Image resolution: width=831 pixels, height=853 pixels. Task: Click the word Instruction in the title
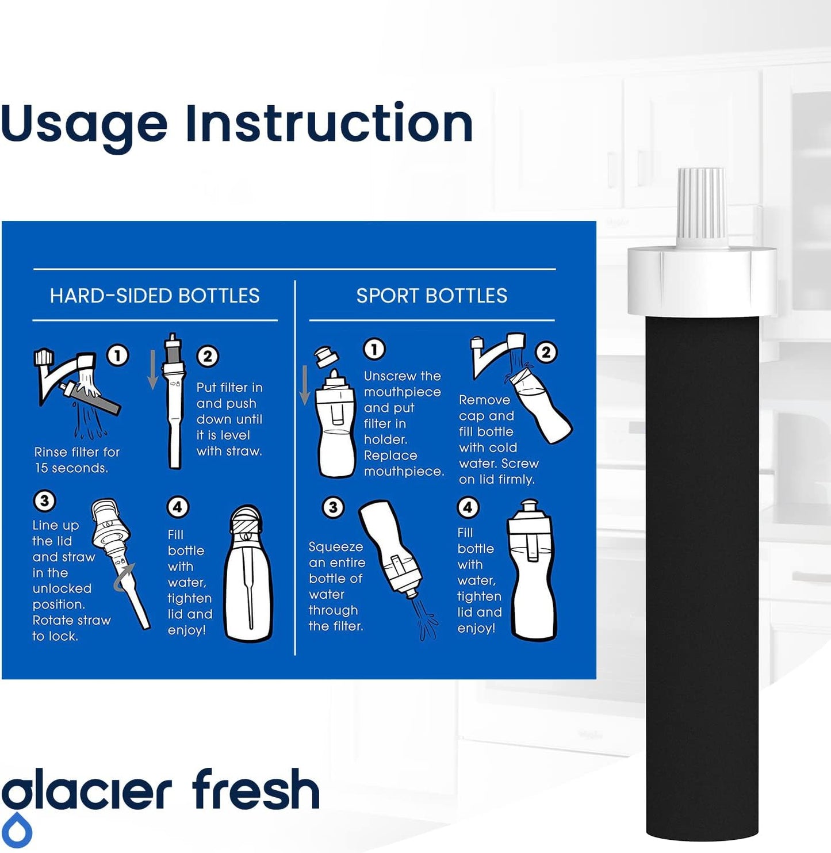point(329,124)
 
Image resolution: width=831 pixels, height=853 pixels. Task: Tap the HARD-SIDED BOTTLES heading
point(155,296)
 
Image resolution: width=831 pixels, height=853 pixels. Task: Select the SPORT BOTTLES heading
point(432,296)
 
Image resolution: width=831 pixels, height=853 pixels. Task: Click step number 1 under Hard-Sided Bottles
point(118,355)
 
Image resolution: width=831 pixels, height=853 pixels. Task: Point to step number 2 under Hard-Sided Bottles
point(207,357)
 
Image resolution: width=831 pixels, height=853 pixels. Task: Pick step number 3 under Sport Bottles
point(332,507)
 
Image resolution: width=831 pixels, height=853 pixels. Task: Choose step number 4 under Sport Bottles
point(468,507)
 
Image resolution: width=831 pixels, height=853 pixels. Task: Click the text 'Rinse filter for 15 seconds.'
point(76,460)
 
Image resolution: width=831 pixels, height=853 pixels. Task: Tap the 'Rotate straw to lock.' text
point(71,628)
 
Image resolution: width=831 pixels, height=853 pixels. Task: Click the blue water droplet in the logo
point(19,832)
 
